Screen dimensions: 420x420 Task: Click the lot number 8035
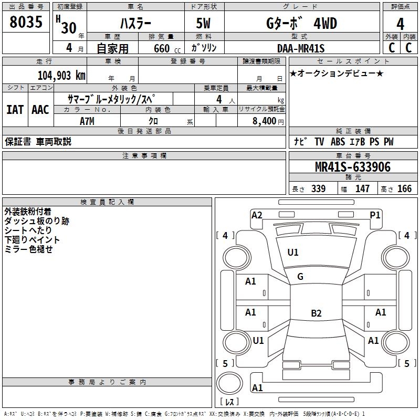pyautogui.click(x=26, y=23)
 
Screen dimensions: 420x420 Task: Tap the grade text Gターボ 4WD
pyautogui.click(x=301, y=24)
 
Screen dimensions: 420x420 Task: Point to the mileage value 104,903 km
pyautogui.click(x=61, y=76)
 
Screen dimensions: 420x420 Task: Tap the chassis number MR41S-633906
pyautogui.click(x=353, y=167)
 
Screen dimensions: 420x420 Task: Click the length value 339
pyautogui.click(x=318, y=189)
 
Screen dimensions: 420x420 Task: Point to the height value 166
pyautogui.click(x=404, y=189)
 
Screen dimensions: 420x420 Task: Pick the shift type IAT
pyautogui.click(x=15, y=110)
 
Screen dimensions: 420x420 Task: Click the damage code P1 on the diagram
pyautogui.click(x=375, y=214)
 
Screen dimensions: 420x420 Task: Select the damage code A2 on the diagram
pyautogui.click(x=257, y=214)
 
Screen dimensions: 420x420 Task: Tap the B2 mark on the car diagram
pyautogui.click(x=316, y=313)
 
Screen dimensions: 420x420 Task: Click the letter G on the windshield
pyautogui.click(x=300, y=277)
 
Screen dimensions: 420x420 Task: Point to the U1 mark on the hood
pyautogui.click(x=293, y=253)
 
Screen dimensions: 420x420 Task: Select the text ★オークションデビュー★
pyautogui.click(x=337, y=73)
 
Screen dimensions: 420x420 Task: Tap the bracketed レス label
pyautogui.click(x=229, y=402)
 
